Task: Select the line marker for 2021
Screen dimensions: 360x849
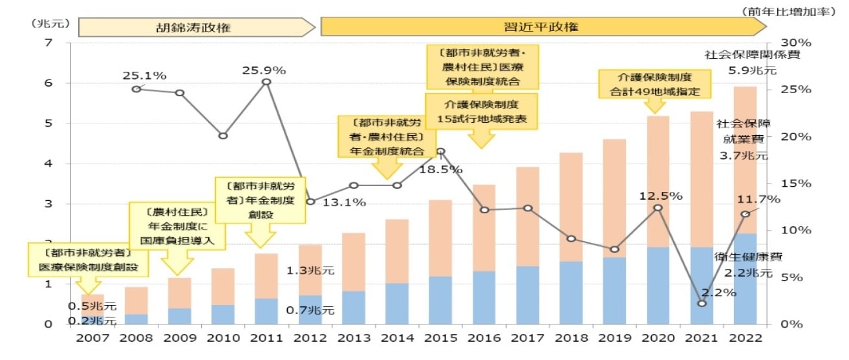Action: (701, 303)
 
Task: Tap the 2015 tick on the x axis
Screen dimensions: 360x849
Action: (440, 339)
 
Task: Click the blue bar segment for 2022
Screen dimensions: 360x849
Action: (744, 279)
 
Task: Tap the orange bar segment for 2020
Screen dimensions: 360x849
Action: (658, 182)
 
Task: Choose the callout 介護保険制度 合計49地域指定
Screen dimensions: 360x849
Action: (656, 85)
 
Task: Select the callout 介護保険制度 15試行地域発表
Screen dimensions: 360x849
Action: (481, 112)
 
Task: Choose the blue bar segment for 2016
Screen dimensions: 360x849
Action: (484, 297)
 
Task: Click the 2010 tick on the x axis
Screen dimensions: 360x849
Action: (222, 339)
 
